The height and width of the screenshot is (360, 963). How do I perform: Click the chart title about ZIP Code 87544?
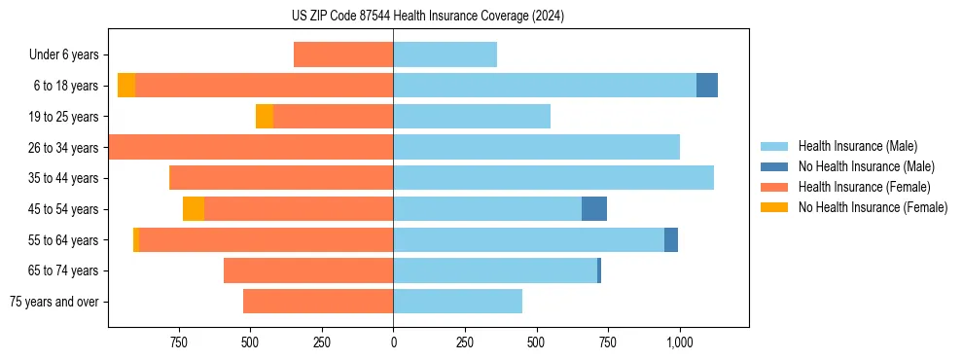pos(427,17)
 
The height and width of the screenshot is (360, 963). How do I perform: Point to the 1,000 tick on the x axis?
pos(679,342)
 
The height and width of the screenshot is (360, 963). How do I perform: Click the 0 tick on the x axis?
pos(393,342)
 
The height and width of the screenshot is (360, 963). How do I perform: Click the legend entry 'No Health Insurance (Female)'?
pos(872,207)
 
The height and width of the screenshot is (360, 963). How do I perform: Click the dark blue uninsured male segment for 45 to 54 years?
pos(594,209)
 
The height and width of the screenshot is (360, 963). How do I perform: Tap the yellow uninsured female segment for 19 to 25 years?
pos(265,117)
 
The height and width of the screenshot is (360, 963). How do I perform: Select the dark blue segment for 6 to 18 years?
pos(707,86)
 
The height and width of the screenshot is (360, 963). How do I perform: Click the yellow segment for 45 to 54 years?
pos(194,209)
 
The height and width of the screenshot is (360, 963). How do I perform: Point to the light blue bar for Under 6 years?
pos(445,55)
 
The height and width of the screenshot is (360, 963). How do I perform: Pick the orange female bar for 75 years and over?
pos(318,302)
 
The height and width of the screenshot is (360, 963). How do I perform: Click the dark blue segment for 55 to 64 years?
pos(671,240)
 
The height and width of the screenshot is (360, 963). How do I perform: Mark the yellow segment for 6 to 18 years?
pos(126,86)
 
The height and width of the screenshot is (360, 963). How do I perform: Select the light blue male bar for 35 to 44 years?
pos(553,178)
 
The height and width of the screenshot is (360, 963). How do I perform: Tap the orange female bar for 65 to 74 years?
pos(308,270)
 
